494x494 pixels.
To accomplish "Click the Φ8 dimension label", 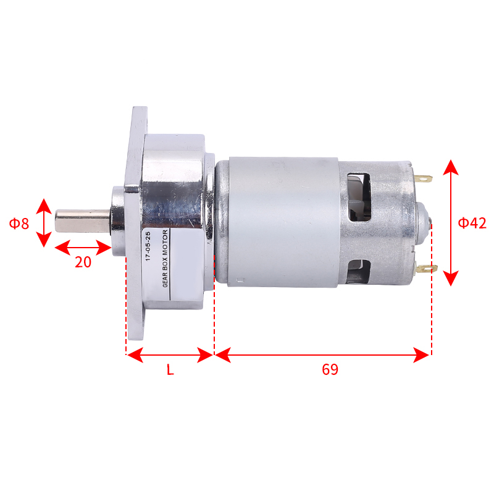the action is click(x=19, y=224).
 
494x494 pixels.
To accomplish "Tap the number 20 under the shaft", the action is click(x=83, y=262).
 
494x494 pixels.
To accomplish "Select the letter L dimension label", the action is click(x=170, y=369).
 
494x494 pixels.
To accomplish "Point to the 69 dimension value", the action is click(x=330, y=369).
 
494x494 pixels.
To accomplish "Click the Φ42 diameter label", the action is click(x=472, y=223).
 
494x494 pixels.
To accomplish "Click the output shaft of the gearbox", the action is click(x=83, y=221).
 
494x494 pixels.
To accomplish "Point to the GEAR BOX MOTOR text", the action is click(x=165, y=258).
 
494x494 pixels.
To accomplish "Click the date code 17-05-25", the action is click(x=148, y=246).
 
